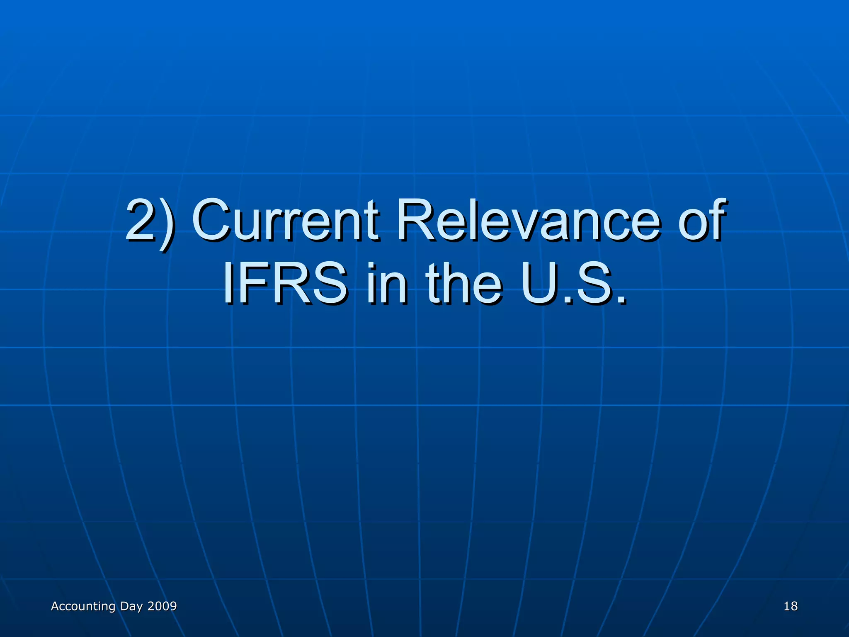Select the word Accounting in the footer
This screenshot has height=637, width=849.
[x=83, y=606]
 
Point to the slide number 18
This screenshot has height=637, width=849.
[x=791, y=606]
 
